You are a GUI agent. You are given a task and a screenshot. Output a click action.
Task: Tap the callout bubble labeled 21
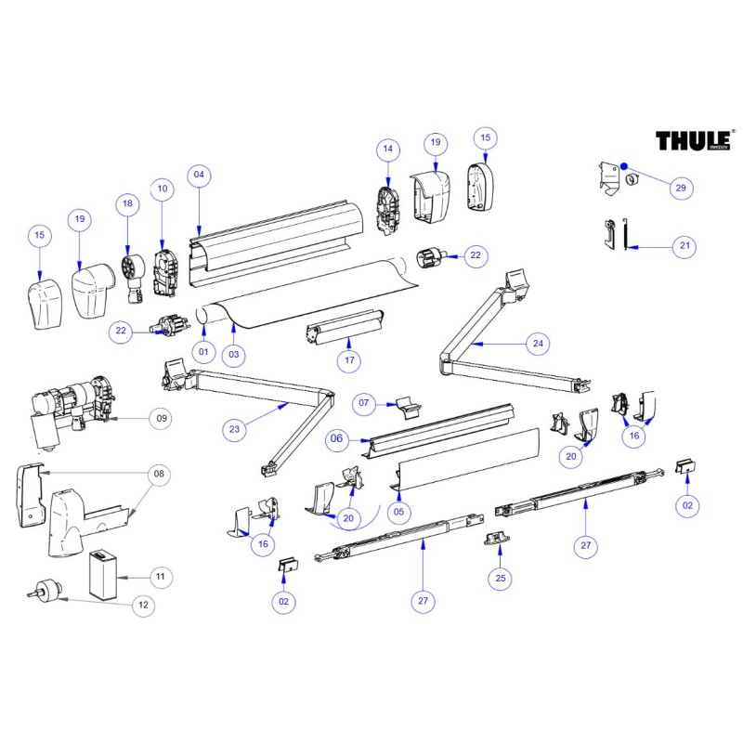tap(685, 246)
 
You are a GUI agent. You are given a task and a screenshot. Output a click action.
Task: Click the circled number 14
tap(388, 149)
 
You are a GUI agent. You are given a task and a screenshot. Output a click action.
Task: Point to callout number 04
tap(199, 175)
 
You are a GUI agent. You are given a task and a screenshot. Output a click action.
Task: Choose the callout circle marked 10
tap(163, 189)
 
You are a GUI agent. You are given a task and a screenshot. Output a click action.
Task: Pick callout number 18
tap(128, 205)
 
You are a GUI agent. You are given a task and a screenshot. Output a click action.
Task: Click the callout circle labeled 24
tap(537, 344)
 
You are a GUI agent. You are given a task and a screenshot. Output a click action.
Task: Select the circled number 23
tap(236, 429)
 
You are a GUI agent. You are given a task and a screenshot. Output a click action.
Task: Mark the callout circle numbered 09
tap(162, 419)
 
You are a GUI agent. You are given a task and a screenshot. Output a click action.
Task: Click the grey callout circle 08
tap(159, 475)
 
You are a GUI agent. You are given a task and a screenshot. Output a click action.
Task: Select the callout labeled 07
tap(364, 404)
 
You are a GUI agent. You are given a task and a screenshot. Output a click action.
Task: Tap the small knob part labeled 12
tap(45, 590)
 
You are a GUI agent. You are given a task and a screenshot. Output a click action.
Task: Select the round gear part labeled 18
tap(131, 270)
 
